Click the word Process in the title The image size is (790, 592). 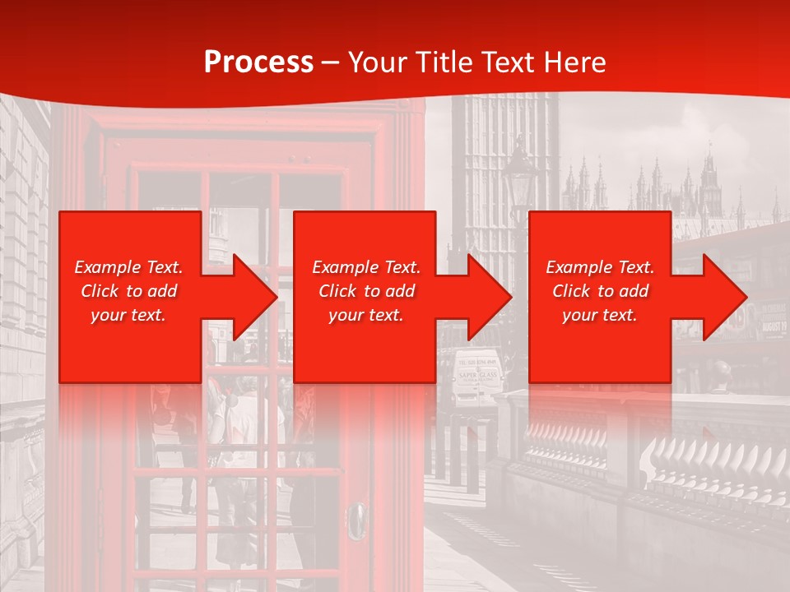coord(258,62)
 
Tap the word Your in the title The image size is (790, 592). coord(375,62)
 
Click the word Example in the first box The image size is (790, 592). coord(107,267)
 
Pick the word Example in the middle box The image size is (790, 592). coord(345,267)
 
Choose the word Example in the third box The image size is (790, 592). coord(579,267)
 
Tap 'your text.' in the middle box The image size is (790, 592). coord(365,315)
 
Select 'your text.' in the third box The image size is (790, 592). coord(599,315)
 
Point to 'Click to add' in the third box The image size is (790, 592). coord(600,291)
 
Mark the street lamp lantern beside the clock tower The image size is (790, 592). coord(519,172)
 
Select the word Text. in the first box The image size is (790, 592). coord(163,267)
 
